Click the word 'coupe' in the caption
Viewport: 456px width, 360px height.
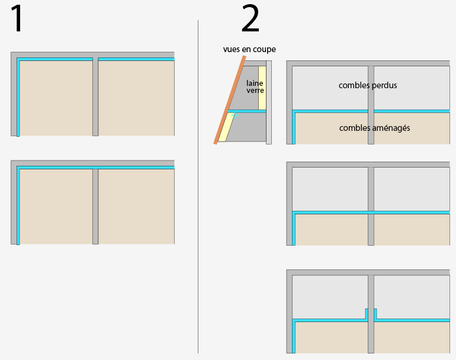(x=264, y=49)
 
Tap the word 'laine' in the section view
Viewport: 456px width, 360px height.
(x=255, y=83)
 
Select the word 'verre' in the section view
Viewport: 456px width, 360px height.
(x=255, y=91)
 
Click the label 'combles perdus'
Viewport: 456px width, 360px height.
(x=368, y=85)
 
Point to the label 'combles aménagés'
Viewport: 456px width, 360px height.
(x=375, y=128)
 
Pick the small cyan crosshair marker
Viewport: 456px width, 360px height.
(x=235, y=115)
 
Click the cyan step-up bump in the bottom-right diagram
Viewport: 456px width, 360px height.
(x=371, y=313)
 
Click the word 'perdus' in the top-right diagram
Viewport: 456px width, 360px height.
(x=384, y=85)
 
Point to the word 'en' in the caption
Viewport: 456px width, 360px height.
(x=246, y=49)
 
